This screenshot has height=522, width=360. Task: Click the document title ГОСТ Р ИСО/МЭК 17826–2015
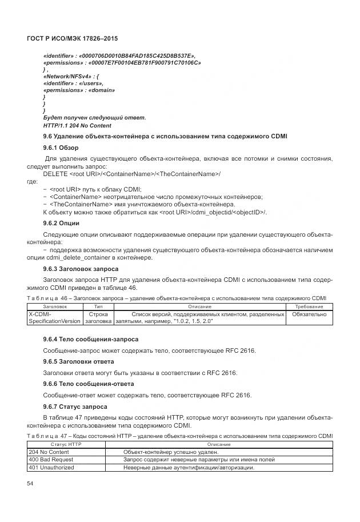point(72,38)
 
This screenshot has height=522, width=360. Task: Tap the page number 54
point(30,484)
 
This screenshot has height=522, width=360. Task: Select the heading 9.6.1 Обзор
point(61,148)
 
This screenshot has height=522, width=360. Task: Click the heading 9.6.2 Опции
point(61,222)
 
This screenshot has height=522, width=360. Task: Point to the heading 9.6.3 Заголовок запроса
point(81,269)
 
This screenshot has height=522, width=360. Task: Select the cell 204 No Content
point(49,452)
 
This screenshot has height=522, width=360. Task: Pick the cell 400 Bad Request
point(50,460)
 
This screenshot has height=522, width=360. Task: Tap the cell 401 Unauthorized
point(51,468)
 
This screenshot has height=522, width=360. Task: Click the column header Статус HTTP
point(66,444)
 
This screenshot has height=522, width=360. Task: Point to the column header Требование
point(309,307)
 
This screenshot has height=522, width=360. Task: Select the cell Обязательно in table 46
point(309,314)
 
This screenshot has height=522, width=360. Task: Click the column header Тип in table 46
point(98,307)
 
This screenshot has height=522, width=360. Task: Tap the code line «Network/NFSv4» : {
point(71,75)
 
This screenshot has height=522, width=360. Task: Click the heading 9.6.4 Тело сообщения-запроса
point(90,339)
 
